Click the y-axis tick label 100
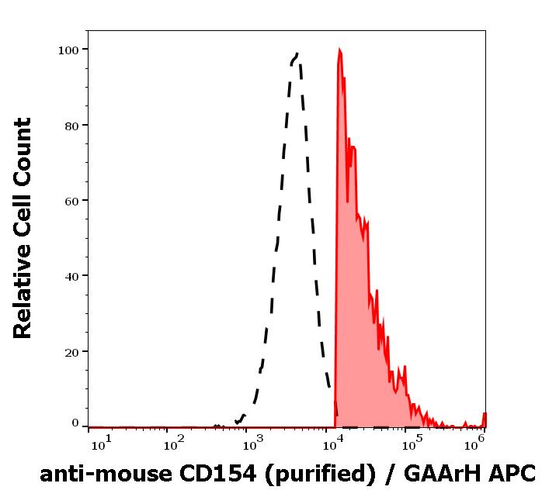click(x=69, y=50)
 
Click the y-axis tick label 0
click(x=75, y=423)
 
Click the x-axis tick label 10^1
click(x=102, y=444)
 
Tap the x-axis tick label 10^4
click(x=332, y=444)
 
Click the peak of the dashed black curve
click(x=297, y=54)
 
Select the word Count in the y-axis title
click(x=23, y=148)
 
